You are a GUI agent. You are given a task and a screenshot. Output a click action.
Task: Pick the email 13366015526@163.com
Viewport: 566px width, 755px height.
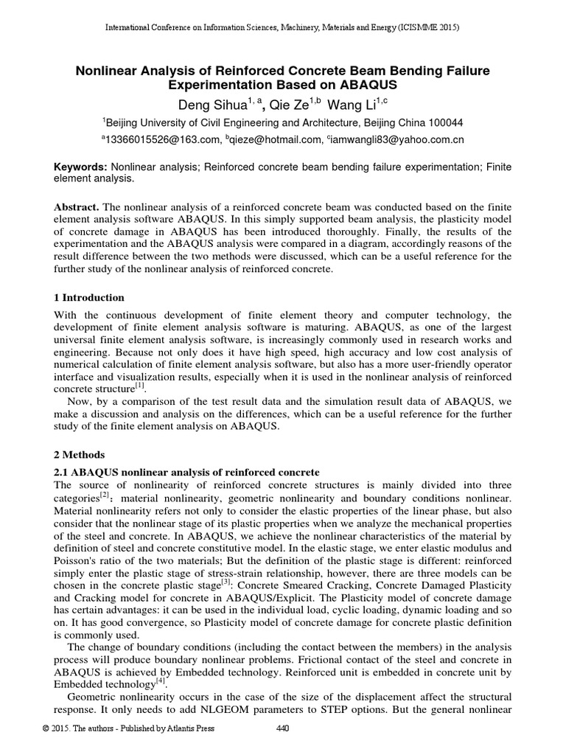click(x=164, y=139)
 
